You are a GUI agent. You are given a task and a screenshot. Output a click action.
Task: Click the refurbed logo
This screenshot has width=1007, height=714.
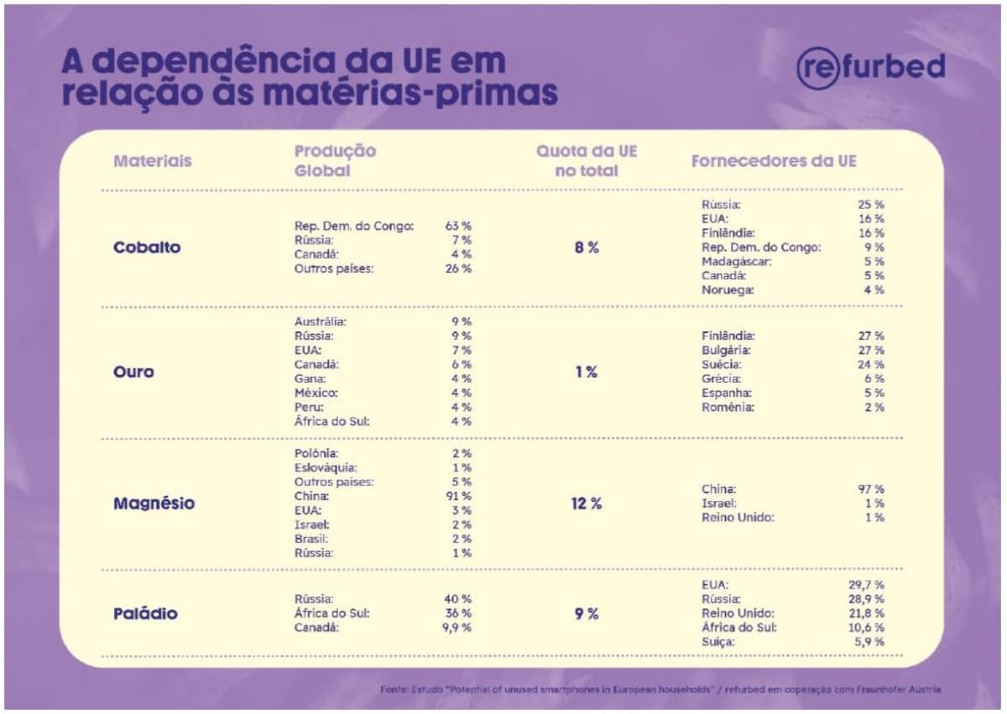click(x=870, y=68)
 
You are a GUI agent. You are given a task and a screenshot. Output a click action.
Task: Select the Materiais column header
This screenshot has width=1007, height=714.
click(x=153, y=160)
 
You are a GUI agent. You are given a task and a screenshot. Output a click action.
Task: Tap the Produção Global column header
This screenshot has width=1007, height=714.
click(x=335, y=160)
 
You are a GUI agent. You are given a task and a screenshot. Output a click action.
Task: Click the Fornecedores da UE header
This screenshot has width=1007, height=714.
click(x=774, y=160)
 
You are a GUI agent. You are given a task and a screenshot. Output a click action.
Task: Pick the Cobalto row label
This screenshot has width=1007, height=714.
click(x=147, y=248)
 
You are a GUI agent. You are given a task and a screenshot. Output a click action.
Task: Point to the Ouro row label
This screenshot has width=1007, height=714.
click(x=133, y=372)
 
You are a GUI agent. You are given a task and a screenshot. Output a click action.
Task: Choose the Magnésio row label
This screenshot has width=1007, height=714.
click(x=154, y=503)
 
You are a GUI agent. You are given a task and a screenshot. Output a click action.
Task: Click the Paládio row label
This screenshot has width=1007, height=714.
click(x=145, y=613)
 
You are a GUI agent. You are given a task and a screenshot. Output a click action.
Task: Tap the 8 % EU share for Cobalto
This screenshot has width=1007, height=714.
click(x=587, y=248)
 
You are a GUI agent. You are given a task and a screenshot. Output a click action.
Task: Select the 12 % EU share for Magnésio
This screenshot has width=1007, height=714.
click(x=587, y=503)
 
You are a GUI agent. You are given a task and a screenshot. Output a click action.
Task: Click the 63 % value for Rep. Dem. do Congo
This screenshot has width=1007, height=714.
click(x=458, y=226)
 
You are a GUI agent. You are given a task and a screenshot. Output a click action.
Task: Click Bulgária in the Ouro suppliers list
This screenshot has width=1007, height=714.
click(x=726, y=350)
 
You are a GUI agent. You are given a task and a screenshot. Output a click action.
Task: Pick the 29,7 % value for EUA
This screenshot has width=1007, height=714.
click(x=866, y=584)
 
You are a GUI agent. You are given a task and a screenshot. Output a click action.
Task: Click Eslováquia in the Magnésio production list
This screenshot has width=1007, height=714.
click(x=326, y=467)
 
